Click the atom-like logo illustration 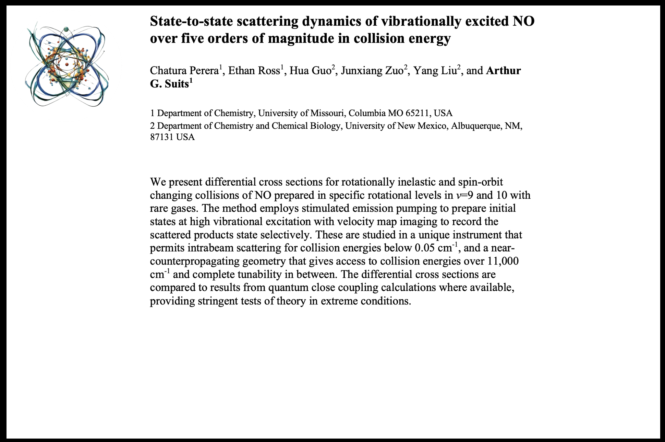tap(67, 65)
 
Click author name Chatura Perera tap(184, 71)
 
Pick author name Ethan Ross tap(254, 71)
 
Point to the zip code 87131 tap(162, 137)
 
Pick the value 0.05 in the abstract tap(425, 248)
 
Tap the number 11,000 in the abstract tap(503, 261)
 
